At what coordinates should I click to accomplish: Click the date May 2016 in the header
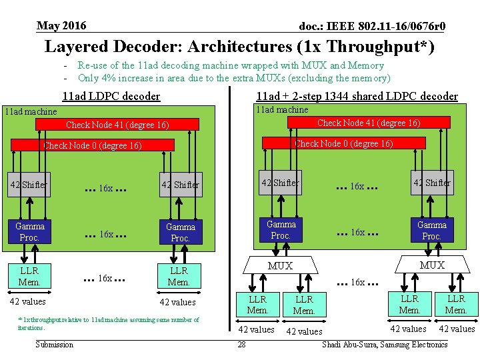(61, 26)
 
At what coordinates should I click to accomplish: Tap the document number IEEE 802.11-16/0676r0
(373, 27)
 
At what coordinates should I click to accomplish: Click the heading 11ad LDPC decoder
(111, 96)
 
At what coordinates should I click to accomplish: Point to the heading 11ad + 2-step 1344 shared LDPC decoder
(357, 96)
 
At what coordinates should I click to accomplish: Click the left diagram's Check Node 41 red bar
(117, 125)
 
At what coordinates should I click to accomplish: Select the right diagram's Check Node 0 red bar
(343, 143)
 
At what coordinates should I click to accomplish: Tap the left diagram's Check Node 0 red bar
(93, 145)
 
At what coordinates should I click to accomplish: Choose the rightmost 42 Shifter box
(432, 183)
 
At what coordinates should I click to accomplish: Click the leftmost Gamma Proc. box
(29, 232)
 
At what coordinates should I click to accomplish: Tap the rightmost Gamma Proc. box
(432, 231)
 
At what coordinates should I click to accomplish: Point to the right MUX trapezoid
(432, 265)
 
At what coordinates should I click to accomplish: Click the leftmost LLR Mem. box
(29, 276)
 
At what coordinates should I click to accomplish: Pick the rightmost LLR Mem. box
(456, 304)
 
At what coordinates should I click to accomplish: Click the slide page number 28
(241, 345)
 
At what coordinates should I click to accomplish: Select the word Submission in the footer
(55, 345)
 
